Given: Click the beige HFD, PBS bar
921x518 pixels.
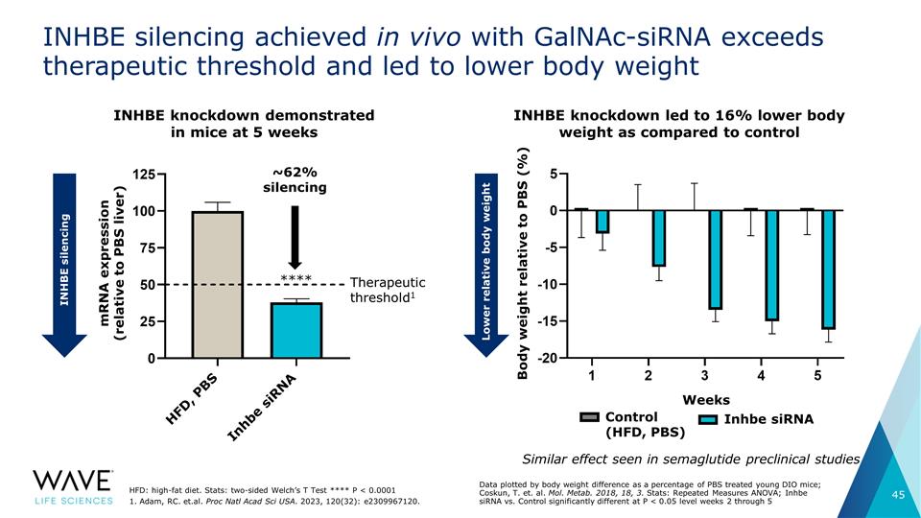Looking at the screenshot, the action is tap(218, 284).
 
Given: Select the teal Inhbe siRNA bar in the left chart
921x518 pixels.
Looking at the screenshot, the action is tap(296, 330).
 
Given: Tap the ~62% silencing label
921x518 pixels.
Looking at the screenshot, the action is tap(295, 179).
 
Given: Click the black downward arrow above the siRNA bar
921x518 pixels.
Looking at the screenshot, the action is tap(295, 237).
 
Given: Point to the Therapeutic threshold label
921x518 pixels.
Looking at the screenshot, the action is tap(388, 290).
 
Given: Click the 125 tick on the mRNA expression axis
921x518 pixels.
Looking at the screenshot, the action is tap(144, 175).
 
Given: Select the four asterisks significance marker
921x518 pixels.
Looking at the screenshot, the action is tap(296, 278).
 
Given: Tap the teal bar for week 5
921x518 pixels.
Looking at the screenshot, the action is tap(828, 269).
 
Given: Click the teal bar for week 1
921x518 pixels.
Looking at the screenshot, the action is tap(602, 222).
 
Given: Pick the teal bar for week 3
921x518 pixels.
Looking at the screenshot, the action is tap(716, 259).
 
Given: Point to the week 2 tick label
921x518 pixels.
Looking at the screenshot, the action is tap(648, 375).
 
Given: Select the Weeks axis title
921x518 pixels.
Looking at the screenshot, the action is tap(706, 400).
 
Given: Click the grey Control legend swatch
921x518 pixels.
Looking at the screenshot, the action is tap(589, 417).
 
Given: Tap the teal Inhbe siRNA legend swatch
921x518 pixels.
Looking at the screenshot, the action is tap(708, 419).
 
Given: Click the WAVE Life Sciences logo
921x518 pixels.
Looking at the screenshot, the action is tap(73, 487).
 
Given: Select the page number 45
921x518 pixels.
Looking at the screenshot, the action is tap(898, 495).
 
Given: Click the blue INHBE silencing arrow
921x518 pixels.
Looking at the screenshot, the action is tap(64, 266).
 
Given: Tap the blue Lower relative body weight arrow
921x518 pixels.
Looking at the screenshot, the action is tap(486, 266).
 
